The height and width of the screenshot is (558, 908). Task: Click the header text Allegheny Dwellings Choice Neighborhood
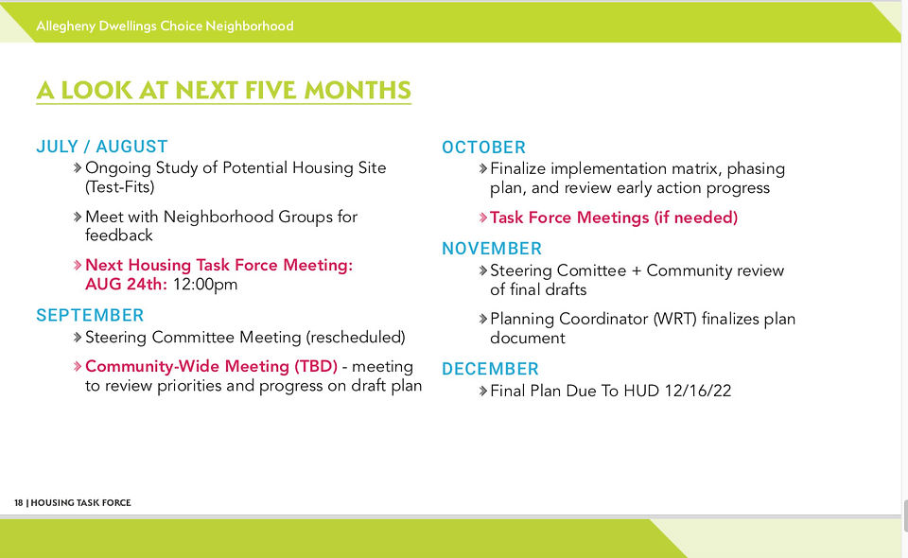(x=165, y=26)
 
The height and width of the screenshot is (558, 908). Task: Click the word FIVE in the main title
(x=271, y=90)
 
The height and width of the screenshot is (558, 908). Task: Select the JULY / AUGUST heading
(x=102, y=147)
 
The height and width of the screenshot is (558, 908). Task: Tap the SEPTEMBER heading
(x=90, y=316)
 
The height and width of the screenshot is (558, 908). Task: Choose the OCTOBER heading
(x=483, y=148)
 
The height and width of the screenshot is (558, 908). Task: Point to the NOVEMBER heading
(x=492, y=249)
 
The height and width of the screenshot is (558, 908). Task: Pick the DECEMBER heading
(x=490, y=369)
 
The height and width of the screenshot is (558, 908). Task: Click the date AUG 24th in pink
(x=126, y=285)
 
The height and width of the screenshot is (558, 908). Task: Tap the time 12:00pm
(x=205, y=285)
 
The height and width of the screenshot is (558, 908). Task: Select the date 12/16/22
(x=698, y=391)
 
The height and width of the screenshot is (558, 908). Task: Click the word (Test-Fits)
(x=120, y=187)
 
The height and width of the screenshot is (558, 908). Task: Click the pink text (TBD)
(x=316, y=366)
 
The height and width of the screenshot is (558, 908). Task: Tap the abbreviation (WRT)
(x=674, y=319)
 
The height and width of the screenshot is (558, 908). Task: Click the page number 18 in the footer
(x=19, y=502)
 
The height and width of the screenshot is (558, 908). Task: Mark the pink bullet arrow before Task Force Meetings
(x=483, y=218)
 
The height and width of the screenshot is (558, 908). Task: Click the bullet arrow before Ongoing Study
(x=78, y=167)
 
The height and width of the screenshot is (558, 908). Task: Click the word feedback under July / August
(x=119, y=235)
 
